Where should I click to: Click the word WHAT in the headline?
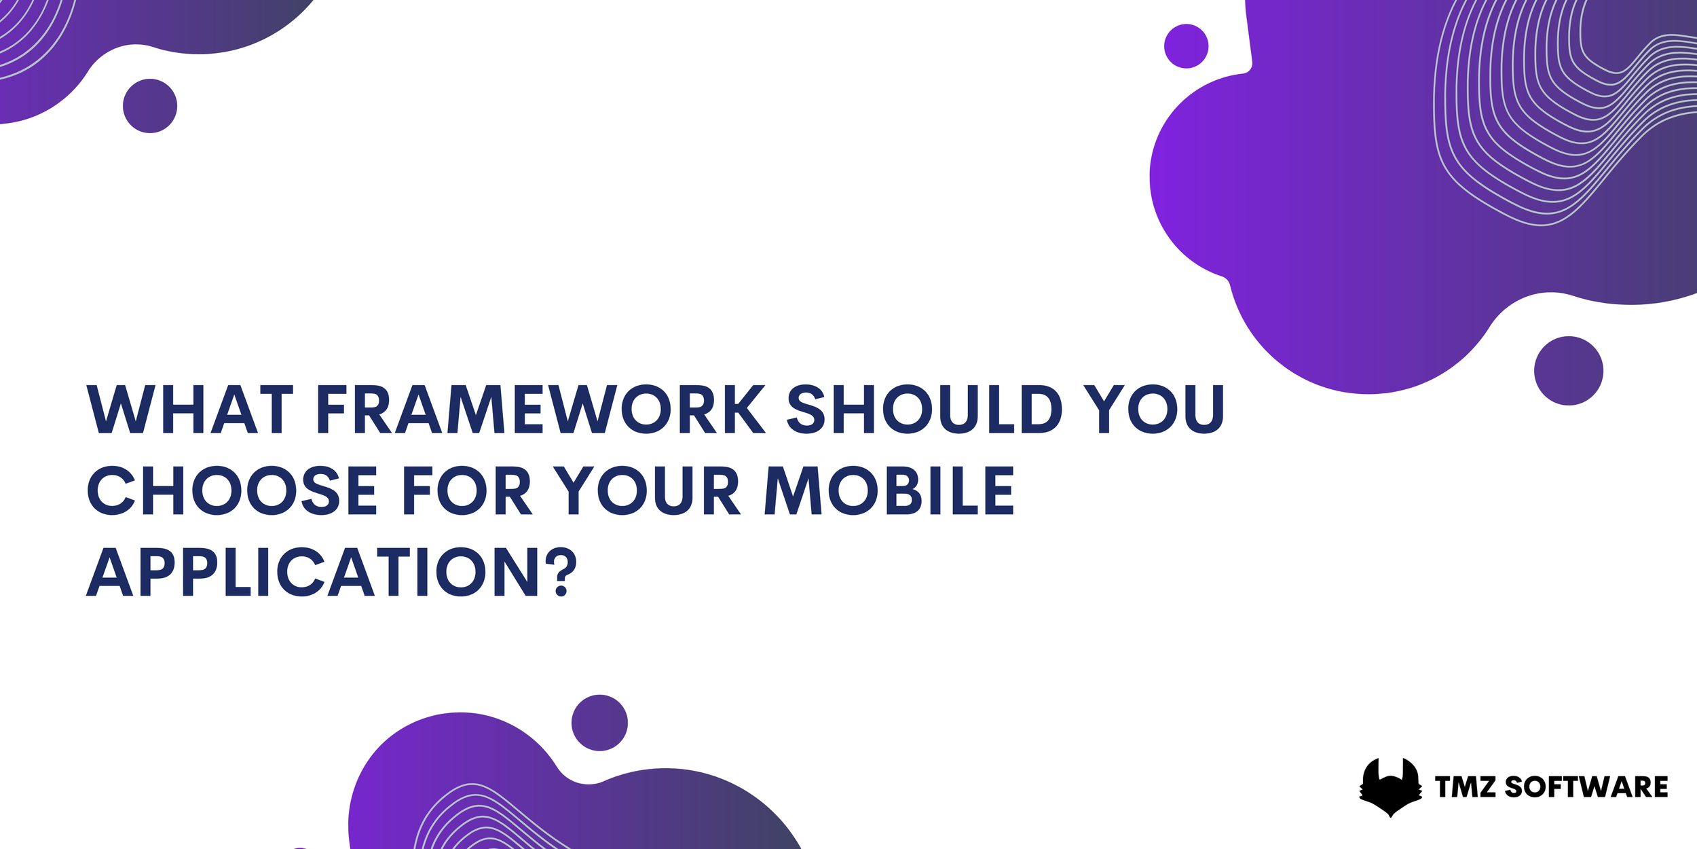click(190, 410)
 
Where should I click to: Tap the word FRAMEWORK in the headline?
click(541, 410)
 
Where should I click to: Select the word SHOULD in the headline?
click(924, 410)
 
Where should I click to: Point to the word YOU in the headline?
click(1154, 410)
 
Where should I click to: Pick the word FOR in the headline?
click(466, 490)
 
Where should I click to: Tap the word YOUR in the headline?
click(647, 490)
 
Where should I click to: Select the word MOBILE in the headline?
click(889, 490)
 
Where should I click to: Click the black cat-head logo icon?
click(1390, 787)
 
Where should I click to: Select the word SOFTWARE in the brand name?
click(1586, 787)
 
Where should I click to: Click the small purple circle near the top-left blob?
click(150, 106)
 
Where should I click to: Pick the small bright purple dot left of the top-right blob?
click(1186, 46)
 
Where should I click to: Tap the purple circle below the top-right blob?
click(1569, 371)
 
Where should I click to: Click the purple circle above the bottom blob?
click(599, 723)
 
